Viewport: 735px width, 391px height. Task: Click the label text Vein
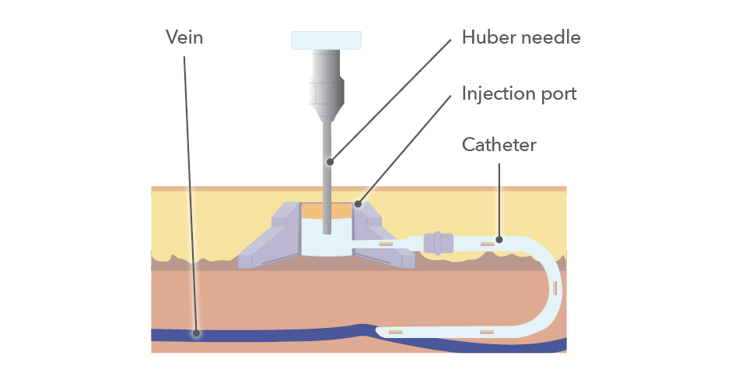click(x=184, y=37)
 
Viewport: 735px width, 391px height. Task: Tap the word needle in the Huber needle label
click(x=551, y=37)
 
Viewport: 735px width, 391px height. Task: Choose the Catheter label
click(x=499, y=145)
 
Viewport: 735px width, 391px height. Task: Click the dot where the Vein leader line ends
click(x=197, y=333)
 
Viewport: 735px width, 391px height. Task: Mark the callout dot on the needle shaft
click(x=331, y=162)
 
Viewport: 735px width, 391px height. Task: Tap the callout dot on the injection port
click(x=358, y=204)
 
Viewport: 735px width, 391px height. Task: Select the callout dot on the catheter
click(x=499, y=239)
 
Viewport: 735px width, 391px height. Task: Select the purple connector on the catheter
click(x=438, y=243)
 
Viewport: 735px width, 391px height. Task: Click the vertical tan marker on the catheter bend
click(x=555, y=288)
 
